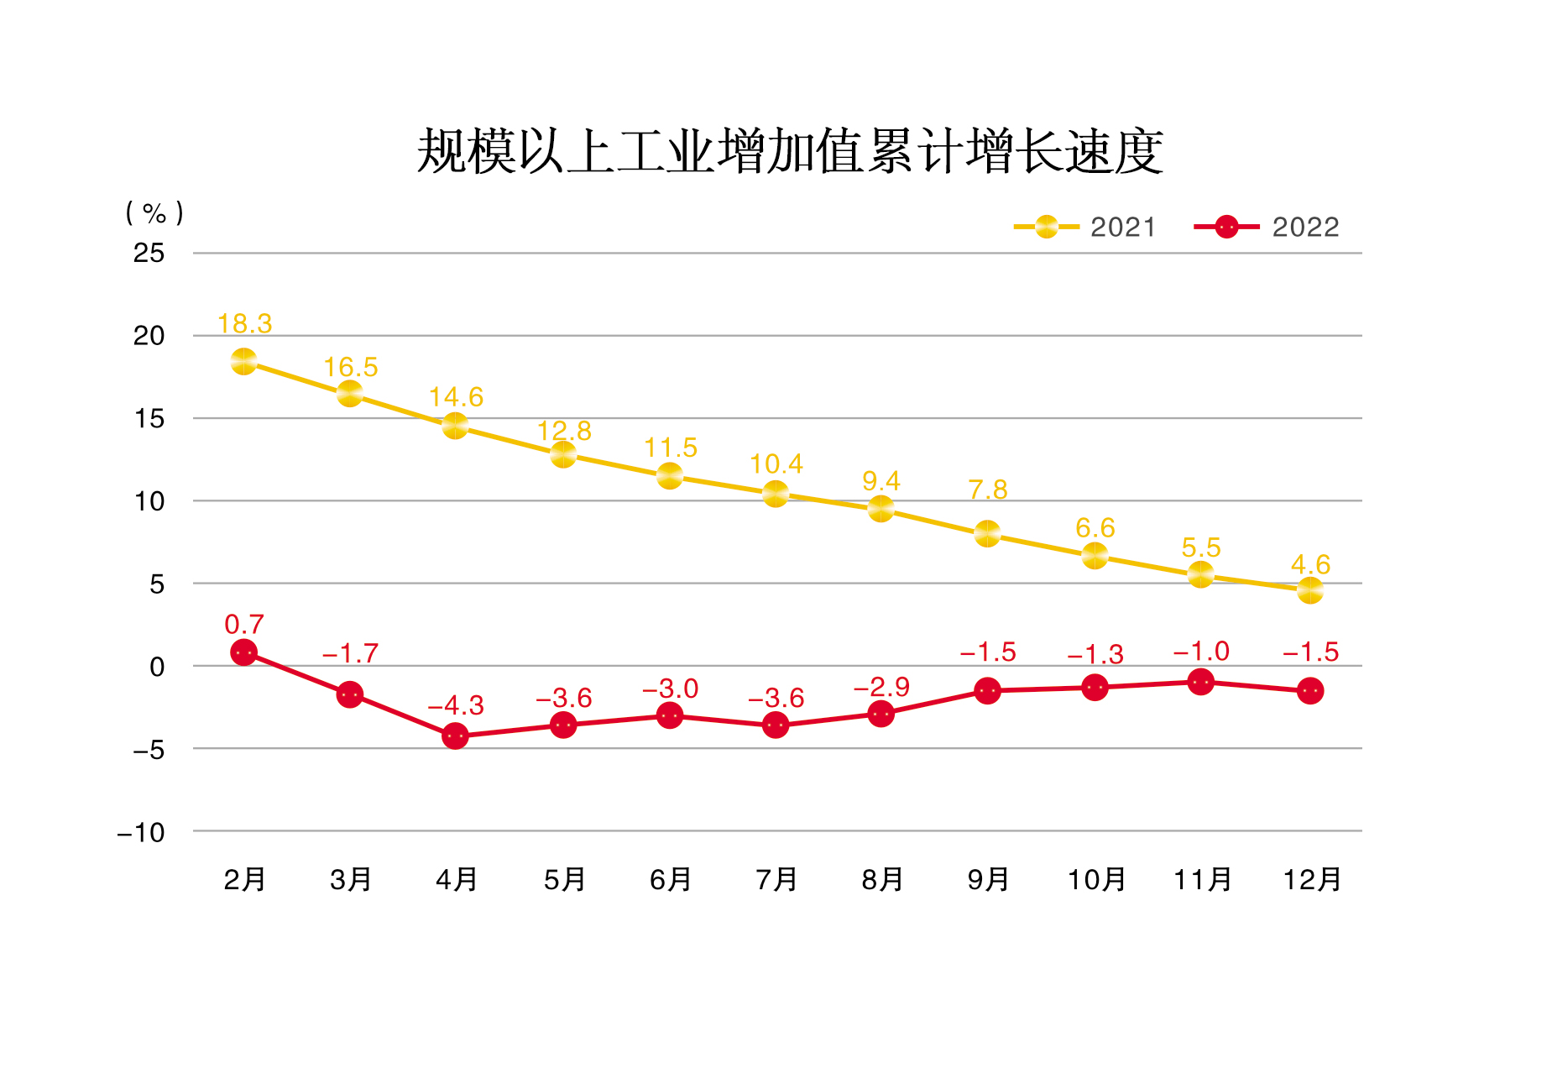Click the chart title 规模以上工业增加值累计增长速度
789,152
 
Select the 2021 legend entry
1084,227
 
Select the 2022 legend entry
1266,227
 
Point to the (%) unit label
154,212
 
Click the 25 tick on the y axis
149,253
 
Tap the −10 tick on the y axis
141,833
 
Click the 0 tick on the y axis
157,668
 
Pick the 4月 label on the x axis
457,880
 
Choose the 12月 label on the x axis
1311,880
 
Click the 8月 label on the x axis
882,880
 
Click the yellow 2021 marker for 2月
243,362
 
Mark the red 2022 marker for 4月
455,736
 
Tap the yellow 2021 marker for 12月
1309,590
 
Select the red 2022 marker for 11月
1200,682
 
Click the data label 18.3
244,323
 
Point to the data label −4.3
456,705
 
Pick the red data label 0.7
243,624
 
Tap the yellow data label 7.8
987,490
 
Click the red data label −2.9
881,687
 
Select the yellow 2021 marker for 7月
776,494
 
